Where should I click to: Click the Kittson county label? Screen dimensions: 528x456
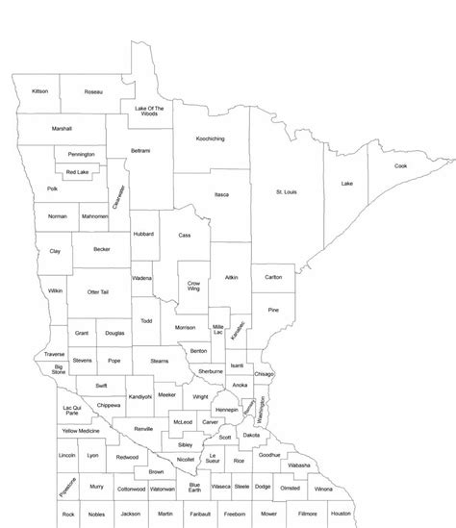[39, 91]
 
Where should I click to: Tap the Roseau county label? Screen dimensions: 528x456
[92, 92]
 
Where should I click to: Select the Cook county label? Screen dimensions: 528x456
[400, 165]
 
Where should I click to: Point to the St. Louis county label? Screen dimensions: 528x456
[287, 192]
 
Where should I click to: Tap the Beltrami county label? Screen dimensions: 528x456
[140, 151]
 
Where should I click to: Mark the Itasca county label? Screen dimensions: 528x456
[221, 195]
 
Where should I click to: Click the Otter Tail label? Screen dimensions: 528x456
[98, 291]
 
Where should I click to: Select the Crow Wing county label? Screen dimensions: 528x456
[194, 286]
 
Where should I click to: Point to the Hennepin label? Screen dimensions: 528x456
[227, 410]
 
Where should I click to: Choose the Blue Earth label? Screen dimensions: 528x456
[194, 487]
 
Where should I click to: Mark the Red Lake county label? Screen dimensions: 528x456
[77, 172]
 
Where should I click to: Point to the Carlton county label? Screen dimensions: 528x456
[273, 278]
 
